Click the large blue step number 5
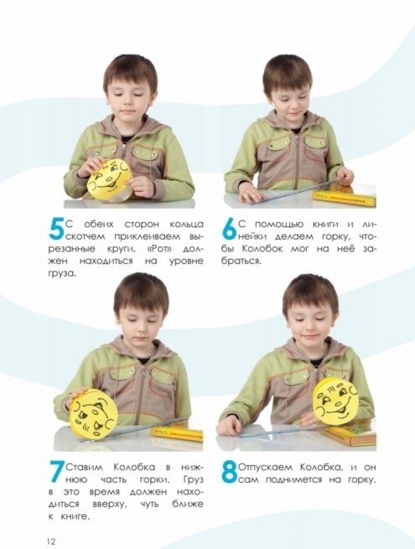point(56,229)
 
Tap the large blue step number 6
point(230,229)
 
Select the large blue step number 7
point(57,472)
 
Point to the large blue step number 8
point(230,472)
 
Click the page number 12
point(51,541)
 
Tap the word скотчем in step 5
point(86,236)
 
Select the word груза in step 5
point(62,274)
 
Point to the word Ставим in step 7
point(85,467)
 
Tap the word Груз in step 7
point(193,479)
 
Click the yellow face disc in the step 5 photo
point(110,179)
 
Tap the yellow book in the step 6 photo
point(345,197)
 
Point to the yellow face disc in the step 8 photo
point(335,401)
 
